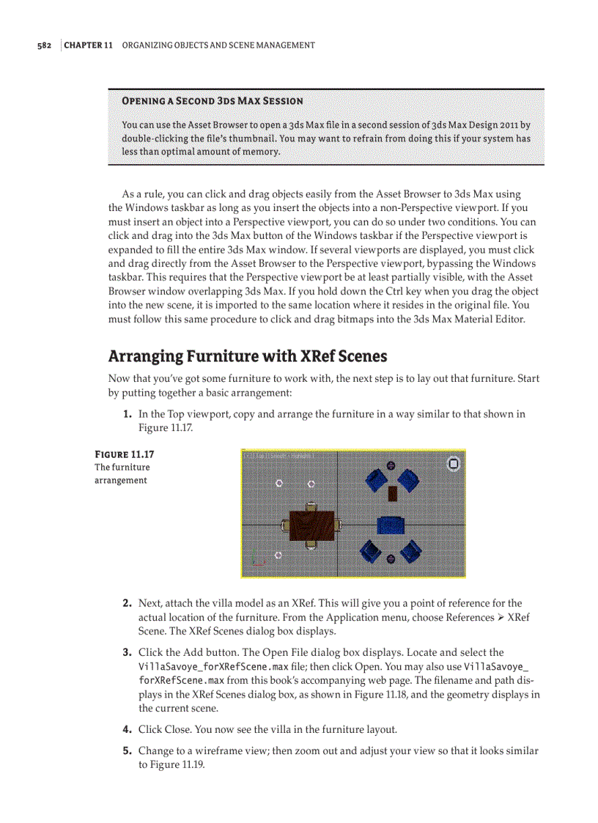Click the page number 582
pyautogui.click(x=44, y=45)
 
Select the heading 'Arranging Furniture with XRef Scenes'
pyautogui.click(x=247, y=356)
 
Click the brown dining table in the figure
pyautogui.click(x=311, y=524)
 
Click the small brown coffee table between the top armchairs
pyautogui.click(x=393, y=492)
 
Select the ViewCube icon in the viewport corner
pyautogui.click(x=454, y=463)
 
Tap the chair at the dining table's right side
pyautogui.click(x=339, y=524)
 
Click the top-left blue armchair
pyautogui.click(x=377, y=480)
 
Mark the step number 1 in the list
pyautogui.click(x=127, y=414)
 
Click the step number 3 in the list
pyautogui.click(x=127, y=652)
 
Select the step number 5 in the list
pyautogui.click(x=127, y=751)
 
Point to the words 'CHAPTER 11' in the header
pyautogui.click(x=89, y=45)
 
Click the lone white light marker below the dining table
pyautogui.click(x=278, y=556)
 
